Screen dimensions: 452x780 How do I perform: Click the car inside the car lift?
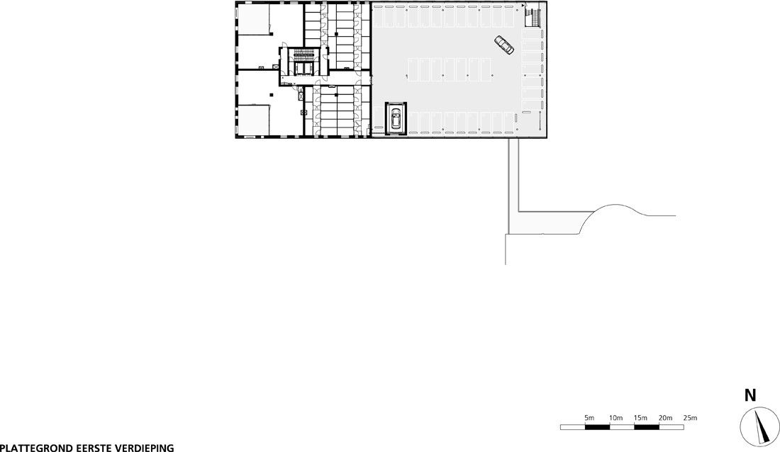pos(396,118)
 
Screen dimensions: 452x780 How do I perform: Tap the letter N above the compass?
pos(750,396)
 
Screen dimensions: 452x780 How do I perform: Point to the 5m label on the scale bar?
pos(589,418)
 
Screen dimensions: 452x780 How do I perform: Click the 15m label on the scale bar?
pos(640,418)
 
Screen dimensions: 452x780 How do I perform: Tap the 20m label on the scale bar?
pos(665,418)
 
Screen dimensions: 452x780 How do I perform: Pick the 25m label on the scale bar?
pos(690,418)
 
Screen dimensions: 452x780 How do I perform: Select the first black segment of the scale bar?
pos(597,427)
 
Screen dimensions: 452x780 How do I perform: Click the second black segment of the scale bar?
pos(646,427)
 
